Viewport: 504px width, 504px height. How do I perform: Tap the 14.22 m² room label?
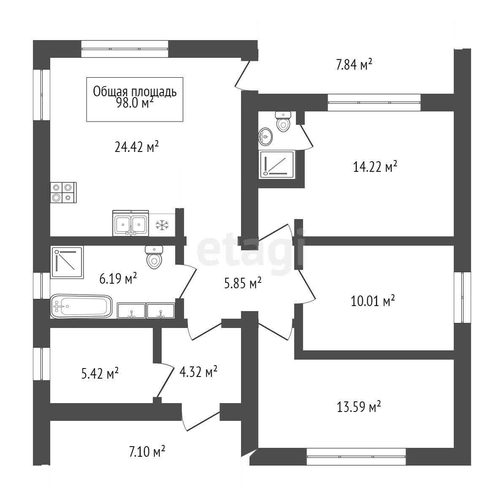(375, 166)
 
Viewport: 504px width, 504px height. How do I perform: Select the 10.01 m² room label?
(373, 301)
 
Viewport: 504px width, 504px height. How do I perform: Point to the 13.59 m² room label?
(359, 406)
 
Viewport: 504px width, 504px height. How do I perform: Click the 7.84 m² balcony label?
(354, 64)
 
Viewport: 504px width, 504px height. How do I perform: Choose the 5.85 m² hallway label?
(243, 283)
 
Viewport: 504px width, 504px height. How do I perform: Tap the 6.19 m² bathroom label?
(118, 278)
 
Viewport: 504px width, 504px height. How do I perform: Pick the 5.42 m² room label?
(100, 374)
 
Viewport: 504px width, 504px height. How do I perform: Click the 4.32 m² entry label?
(198, 371)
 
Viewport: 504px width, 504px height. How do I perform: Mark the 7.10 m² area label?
(147, 452)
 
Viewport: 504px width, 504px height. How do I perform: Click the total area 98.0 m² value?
(135, 103)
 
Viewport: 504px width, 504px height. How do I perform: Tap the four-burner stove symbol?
(63, 192)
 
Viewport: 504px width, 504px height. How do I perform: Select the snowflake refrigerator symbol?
(162, 225)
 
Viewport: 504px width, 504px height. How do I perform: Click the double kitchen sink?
(130, 223)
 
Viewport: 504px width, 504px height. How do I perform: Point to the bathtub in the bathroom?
(81, 306)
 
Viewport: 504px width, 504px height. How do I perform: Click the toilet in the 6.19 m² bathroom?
(154, 257)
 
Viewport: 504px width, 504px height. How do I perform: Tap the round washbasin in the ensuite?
(266, 137)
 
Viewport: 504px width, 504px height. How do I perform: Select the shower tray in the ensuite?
(277, 164)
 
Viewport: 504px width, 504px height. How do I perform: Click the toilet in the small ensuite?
(283, 122)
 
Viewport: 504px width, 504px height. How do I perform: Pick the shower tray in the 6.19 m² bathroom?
(67, 262)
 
